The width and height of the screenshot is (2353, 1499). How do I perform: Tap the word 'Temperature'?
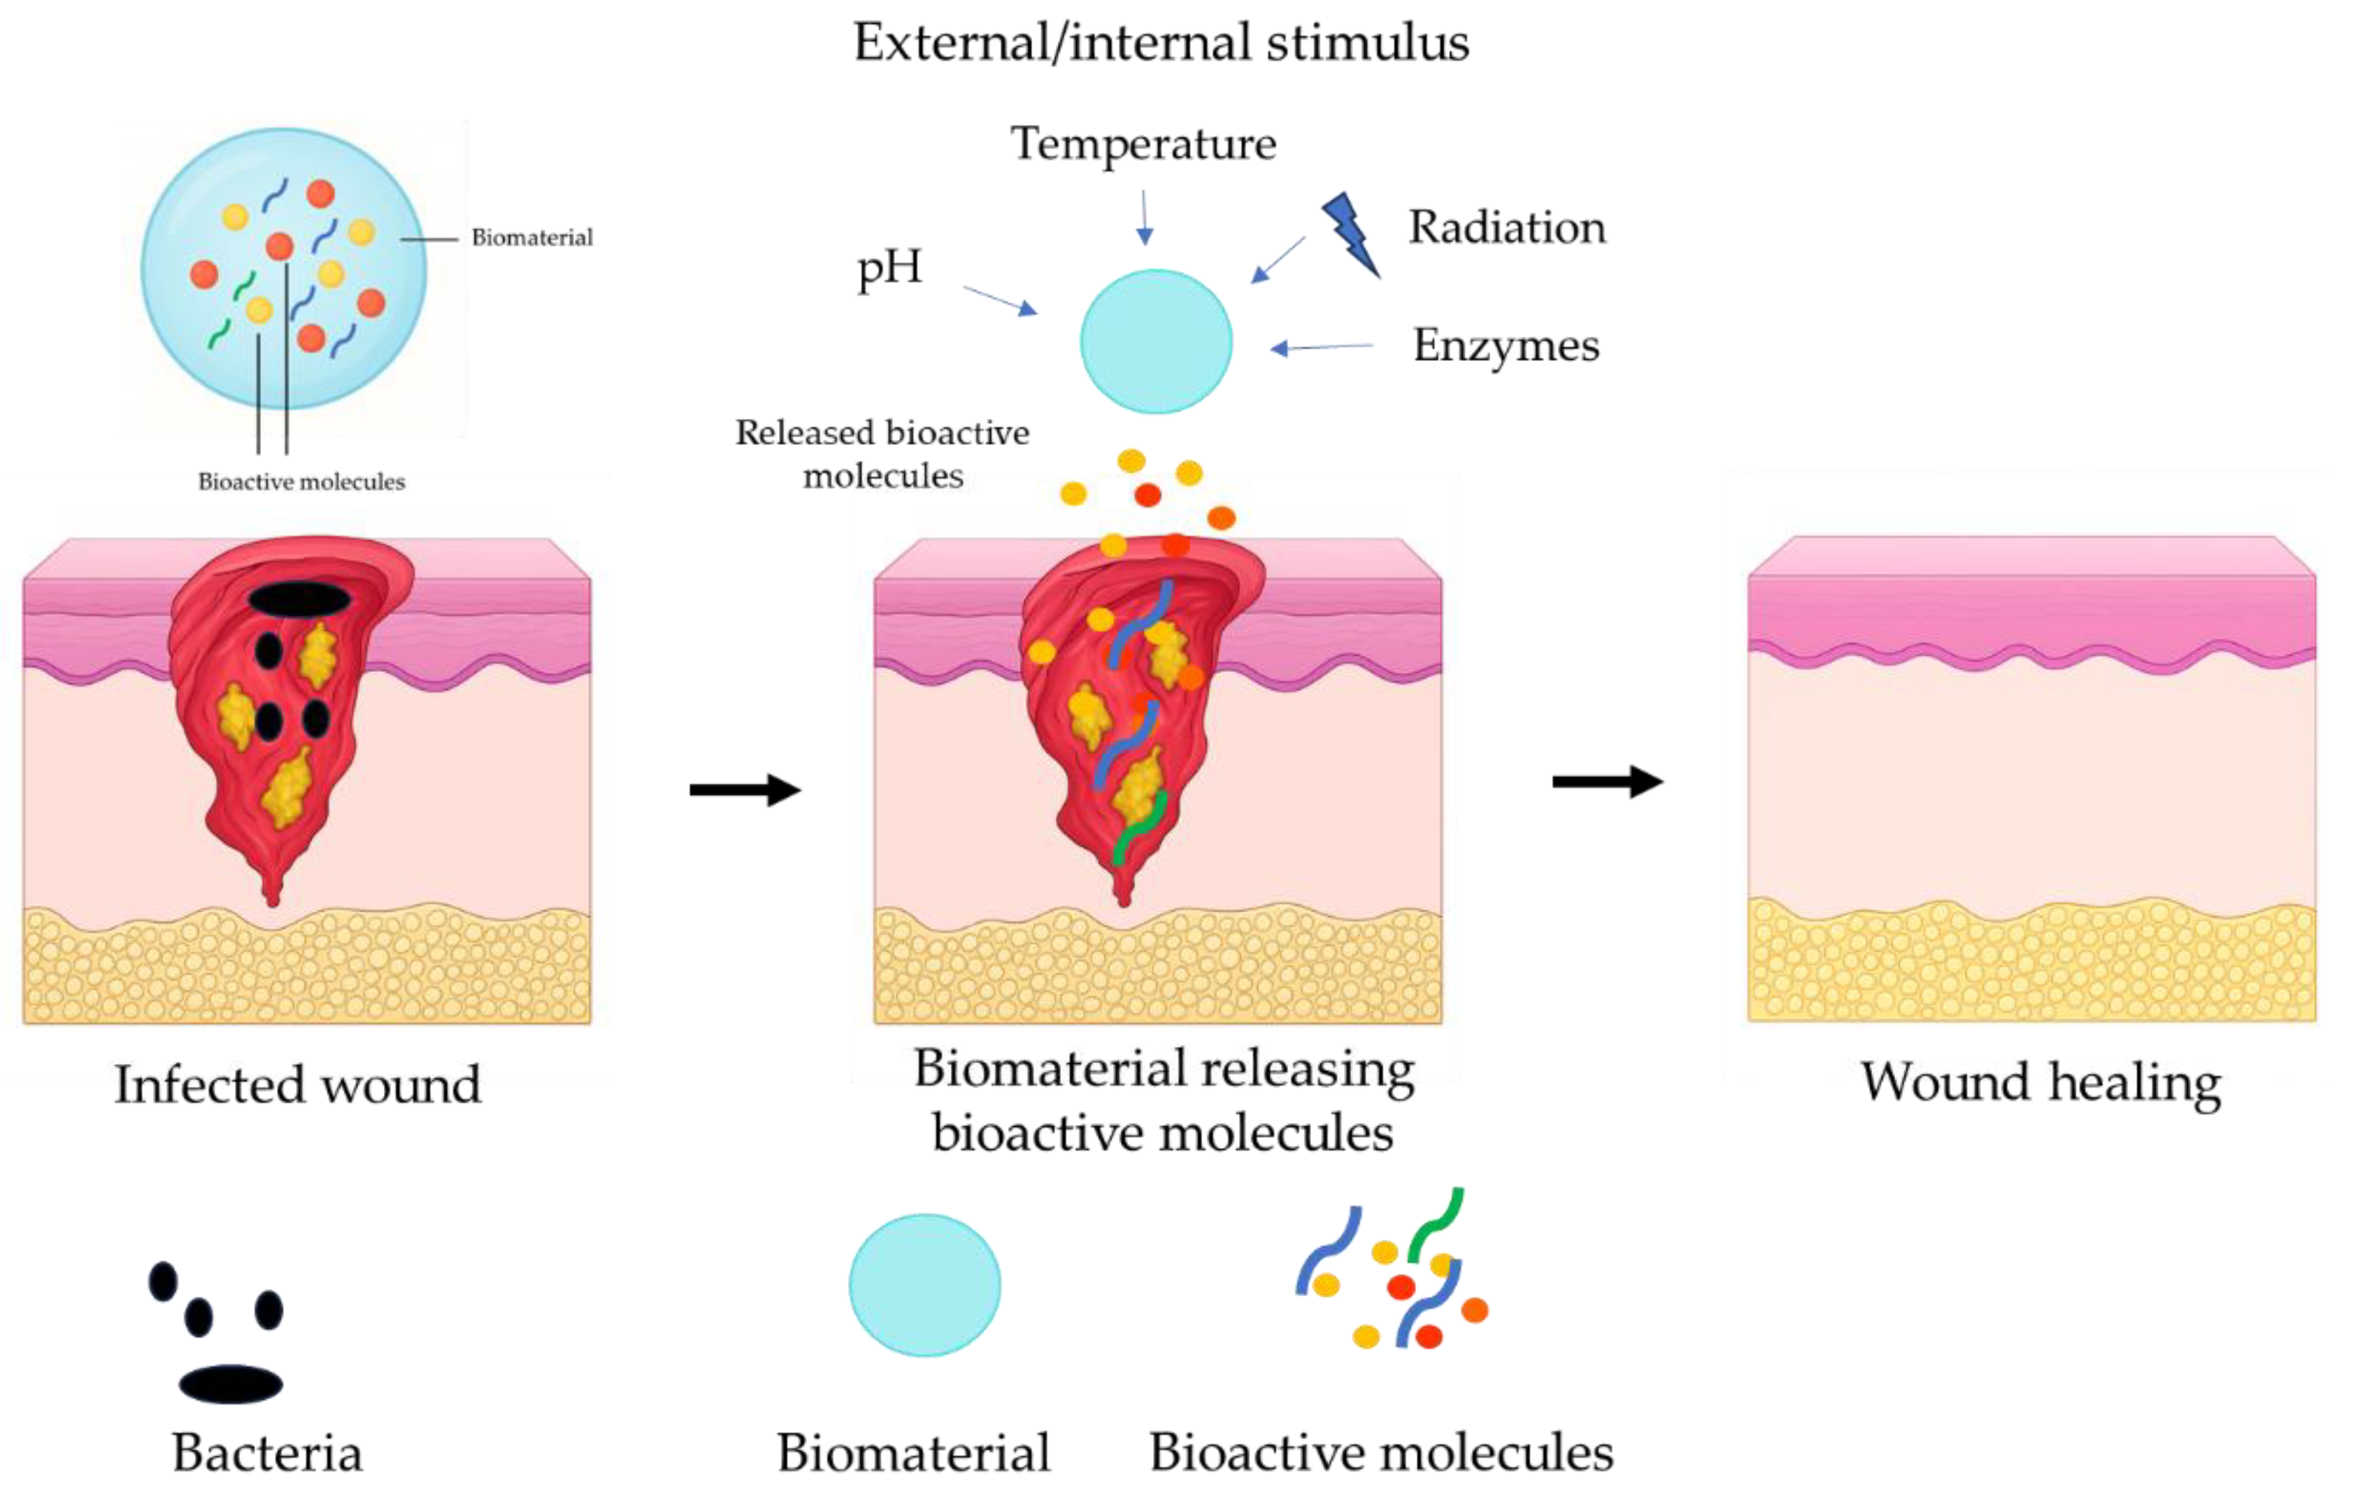point(1143,145)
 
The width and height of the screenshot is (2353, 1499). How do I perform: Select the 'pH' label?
point(889,268)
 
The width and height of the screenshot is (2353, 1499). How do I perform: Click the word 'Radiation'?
point(1507,228)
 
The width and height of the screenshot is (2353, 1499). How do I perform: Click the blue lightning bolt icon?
point(1352,234)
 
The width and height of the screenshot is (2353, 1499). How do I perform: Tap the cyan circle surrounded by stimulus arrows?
point(1156,341)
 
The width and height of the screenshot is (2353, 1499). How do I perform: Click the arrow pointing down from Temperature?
point(1144,217)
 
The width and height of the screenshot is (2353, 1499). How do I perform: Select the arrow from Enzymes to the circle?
point(1321,347)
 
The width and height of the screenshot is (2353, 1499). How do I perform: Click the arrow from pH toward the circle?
point(1001,301)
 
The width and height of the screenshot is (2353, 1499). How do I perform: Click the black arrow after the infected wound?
point(745,790)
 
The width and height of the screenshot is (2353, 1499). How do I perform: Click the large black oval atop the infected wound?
point(299,599)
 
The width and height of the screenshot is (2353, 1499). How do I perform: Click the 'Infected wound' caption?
point(298,1085)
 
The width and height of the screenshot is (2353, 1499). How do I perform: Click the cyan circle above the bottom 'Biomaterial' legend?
point(924,1285)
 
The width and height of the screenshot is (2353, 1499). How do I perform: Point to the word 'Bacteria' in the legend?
point(266,1453)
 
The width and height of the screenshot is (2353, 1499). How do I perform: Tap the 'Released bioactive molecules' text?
point(882,455)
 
